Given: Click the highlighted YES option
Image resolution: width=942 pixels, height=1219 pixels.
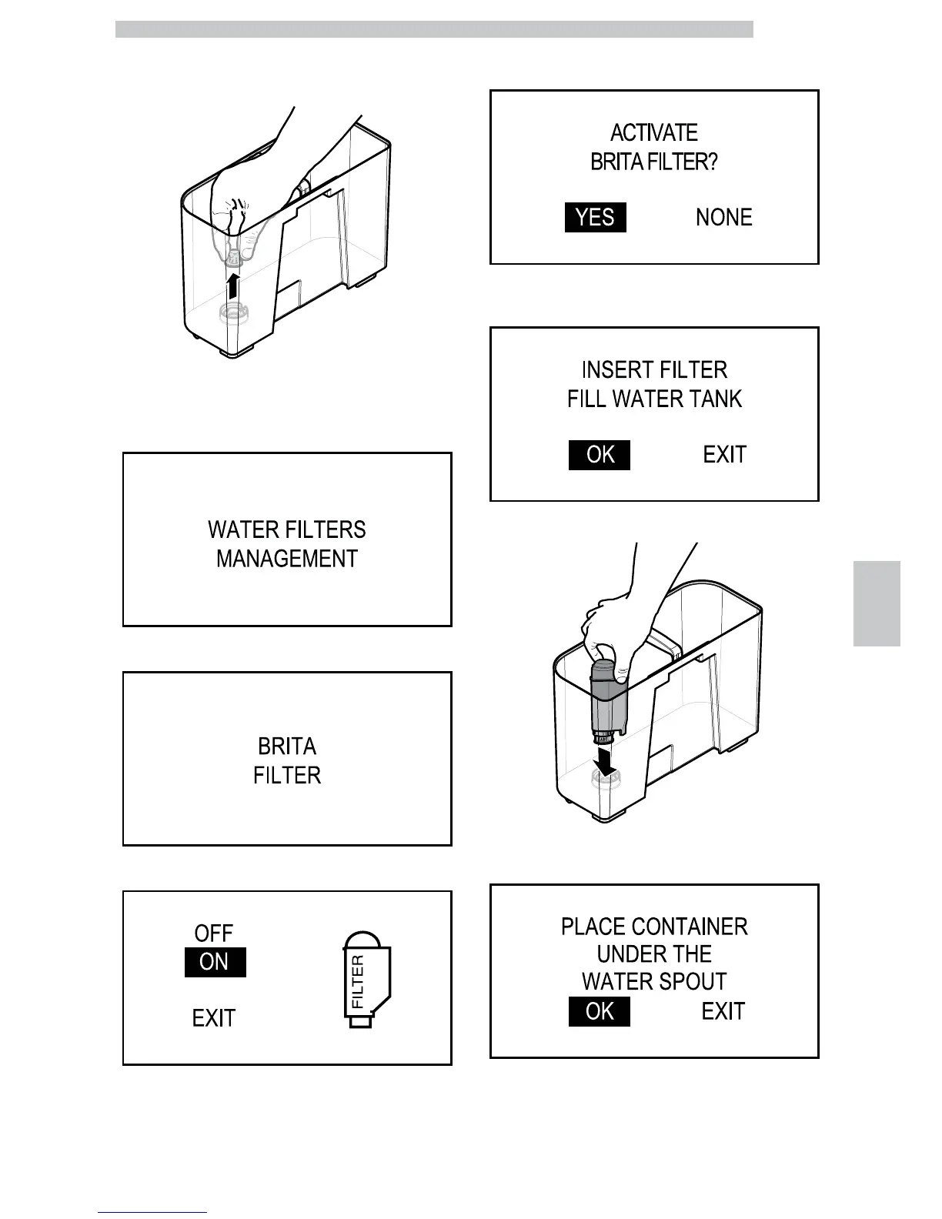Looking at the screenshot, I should pos(595,218).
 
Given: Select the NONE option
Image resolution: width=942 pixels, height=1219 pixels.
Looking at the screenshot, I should pos(723,218).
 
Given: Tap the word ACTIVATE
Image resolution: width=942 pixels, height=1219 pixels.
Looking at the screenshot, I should pos(653,133).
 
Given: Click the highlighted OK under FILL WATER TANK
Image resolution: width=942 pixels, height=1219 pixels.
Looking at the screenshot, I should pos(600,455).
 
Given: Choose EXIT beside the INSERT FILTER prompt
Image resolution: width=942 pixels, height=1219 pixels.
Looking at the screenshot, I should pos(724,455).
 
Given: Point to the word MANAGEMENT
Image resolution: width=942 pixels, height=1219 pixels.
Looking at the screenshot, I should pos(286,559).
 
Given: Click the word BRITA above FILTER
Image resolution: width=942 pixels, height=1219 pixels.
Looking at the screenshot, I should pos(286,746).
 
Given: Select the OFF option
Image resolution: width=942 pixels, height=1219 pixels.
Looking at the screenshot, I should pos(213,933).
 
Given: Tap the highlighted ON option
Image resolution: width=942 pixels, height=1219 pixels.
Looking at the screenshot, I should pos(215,962).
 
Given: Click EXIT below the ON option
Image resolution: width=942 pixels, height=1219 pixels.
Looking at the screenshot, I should pos(213,1018).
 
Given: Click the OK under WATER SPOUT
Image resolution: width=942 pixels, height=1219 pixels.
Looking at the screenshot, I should pos(600,1011).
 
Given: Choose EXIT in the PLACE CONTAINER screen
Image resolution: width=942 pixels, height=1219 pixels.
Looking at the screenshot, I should pos(723,1011).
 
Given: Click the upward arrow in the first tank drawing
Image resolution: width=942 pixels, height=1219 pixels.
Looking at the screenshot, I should pos(233,289).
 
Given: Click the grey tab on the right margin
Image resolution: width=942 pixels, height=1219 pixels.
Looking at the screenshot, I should pos(877,603).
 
